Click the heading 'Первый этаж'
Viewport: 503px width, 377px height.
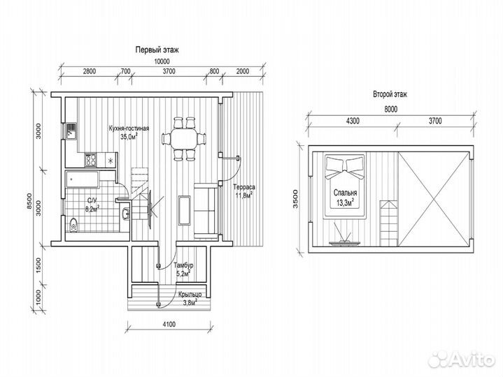pyautogui.click(x=157, y=50)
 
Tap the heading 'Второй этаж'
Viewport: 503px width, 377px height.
pyautogui.click(x=390, y=94)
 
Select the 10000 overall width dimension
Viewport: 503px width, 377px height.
pyautogui.click(x=162, y=61)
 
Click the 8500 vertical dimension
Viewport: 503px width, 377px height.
pyautogui.click(x=29, y=201)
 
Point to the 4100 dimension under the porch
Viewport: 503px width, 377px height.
pyautogui.click(x=169, y=325)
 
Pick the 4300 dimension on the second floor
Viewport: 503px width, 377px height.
pyautogui.click(x=353, y=121)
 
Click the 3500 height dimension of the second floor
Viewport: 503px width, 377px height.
pyautogui.click(x=295, y=199)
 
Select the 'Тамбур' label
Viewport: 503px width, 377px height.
pyautogui.click(x=183, y=265)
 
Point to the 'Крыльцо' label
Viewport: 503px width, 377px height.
pyautogui.click(x=190, y=295)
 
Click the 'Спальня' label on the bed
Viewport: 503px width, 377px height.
pyautogui.click(x=345, y=193)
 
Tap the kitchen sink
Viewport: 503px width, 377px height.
pyautogui.click(x=71, y=131)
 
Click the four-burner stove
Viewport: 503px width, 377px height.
pyautogui.click(x=90, y=160)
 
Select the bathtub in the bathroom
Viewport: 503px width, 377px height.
pyautogui.click(x=81, y=180)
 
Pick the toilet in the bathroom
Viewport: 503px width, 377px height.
pyautogui.click(x=73, y=225)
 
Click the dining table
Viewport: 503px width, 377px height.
pyautogui.click(x=183, y=138)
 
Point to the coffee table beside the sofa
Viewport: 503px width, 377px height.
pyautogui.click(x=184, y=210)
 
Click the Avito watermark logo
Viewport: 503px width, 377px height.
pyautogui.click(x=462, y=359)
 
